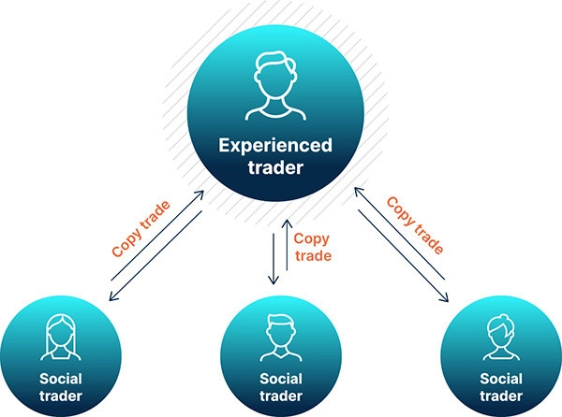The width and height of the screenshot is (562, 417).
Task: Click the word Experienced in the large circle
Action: click(x=275, y=146)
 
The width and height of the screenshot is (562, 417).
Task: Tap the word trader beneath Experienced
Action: click(x=275, y=167)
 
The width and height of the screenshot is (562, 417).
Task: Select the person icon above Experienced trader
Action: click(x=275, y=86)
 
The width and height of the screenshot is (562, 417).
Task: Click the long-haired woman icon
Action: click(x=61, y=337)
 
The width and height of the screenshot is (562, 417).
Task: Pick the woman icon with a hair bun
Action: click(x=501, y=337)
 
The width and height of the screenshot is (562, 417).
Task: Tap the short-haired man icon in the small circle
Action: click(x=281, y=338)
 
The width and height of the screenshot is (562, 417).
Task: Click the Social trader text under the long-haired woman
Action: click(x=61, y=387)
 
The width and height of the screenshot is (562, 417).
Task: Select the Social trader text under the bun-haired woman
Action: click(x=501, y=387)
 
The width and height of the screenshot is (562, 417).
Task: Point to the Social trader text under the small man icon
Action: click(x=281, y=387)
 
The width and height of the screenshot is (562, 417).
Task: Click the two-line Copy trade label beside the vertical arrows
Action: click(x=312, y=247)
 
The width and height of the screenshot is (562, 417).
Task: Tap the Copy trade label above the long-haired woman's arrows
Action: click(x=140, y=229)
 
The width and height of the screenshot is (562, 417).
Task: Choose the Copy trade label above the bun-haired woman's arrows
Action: click(x=415, y=225)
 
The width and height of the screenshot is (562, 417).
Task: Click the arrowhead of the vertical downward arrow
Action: click(x=274, y=280)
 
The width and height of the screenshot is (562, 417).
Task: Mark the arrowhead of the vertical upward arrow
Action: click(x=287, y=223)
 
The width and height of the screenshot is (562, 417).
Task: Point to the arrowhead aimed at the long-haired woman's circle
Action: click(x=113, y=296)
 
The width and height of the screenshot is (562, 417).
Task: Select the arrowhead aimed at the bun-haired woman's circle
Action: click(x=444, y=297)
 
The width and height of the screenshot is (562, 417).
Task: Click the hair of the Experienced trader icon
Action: click(x=276, y=63)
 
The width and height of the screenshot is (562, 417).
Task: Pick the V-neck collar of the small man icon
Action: click(x=281, y=354)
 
